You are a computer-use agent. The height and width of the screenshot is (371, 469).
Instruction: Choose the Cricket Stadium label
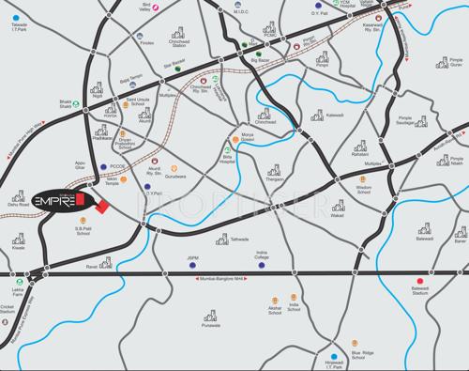[8, 310]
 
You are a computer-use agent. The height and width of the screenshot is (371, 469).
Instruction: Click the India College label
[262, 255]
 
